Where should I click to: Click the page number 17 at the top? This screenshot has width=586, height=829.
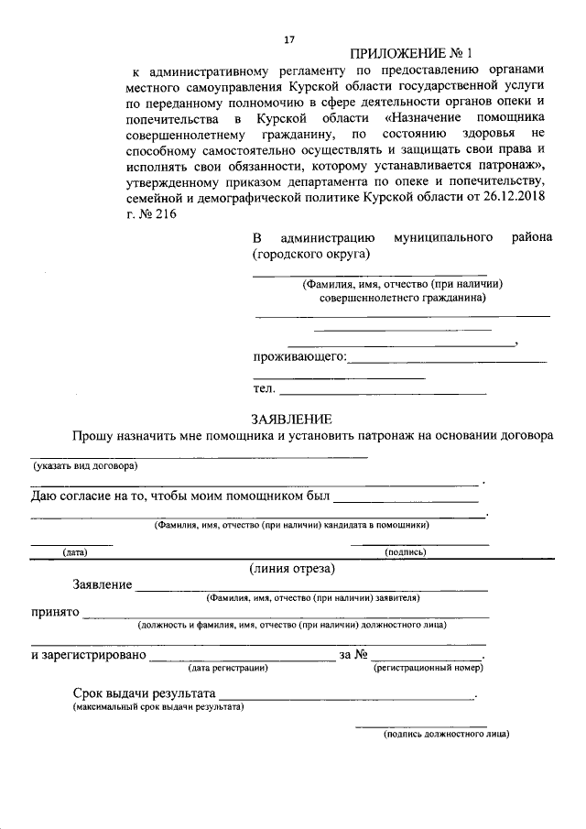click(290, 39)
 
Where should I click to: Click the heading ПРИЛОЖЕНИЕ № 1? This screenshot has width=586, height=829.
click(415, 54)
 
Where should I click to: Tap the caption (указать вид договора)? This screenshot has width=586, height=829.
click(84, 465)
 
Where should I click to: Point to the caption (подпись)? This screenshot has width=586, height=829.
click(406, 552)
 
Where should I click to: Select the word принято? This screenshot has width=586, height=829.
click(54, 612)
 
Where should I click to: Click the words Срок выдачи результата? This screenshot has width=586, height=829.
click(144, 693)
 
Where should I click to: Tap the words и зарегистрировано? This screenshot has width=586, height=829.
click(88, 656)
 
